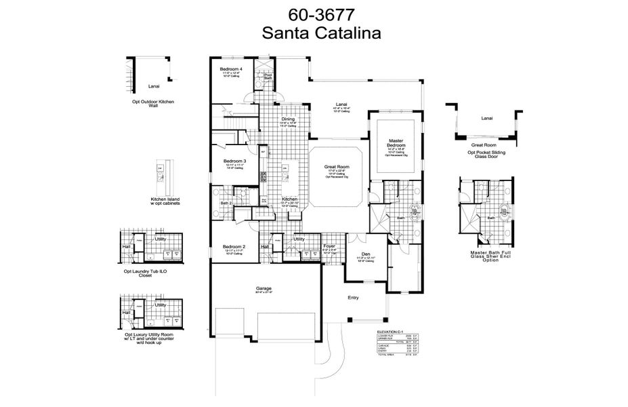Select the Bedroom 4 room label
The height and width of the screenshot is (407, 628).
pyautogui.click(x=231, y=69)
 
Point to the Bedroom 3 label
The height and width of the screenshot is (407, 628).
pyautogui.click(x=234, y=161)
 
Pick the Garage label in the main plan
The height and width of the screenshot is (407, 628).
pyautogui.click(x=264, y=289)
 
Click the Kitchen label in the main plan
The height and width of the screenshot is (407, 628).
pyautogui.click(x=290, y=199)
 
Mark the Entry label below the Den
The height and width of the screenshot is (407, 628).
pyautogui.click(x=353, y=298)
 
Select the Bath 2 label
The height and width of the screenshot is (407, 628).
pyautogui.click(x=226, y=203)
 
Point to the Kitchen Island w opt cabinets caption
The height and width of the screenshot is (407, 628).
pyautogui.click(x=165, y=201)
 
